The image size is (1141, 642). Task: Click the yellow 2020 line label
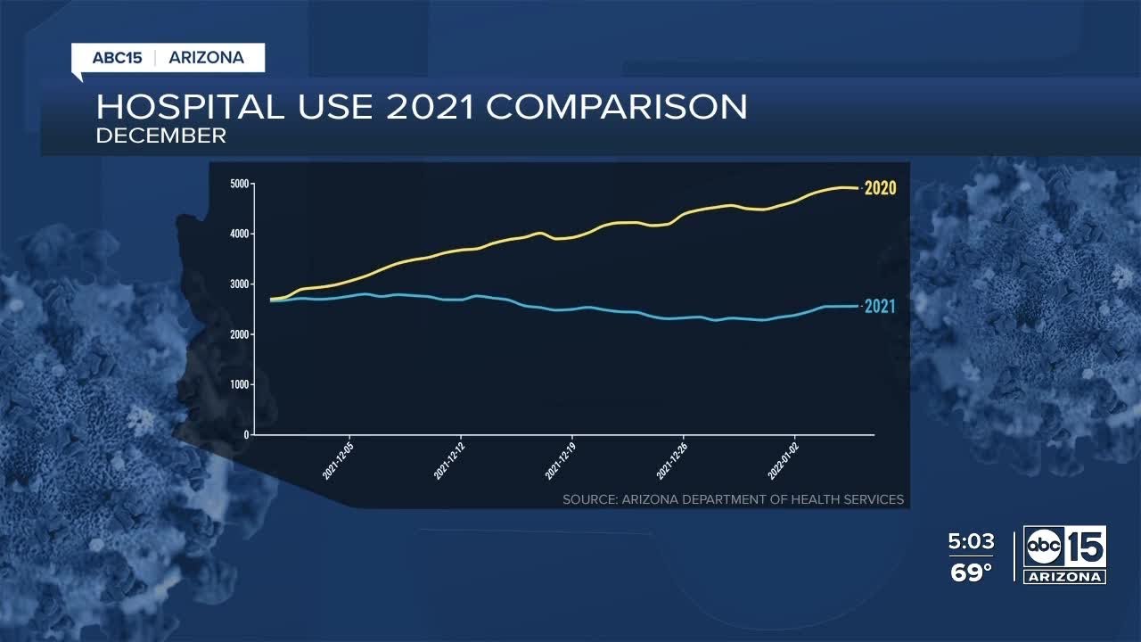880,188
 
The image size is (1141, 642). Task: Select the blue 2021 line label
880,307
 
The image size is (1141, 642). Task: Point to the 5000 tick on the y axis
239,184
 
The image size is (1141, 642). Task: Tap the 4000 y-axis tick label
239,234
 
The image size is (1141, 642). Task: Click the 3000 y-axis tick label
239,284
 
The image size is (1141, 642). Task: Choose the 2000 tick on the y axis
239,334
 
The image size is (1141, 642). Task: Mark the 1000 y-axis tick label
239,384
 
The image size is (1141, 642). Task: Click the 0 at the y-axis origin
246,435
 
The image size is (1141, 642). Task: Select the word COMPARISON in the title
617,107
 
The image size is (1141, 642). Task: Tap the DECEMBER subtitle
161,136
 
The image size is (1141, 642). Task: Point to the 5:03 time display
971,542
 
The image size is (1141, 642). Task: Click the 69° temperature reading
971,572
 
